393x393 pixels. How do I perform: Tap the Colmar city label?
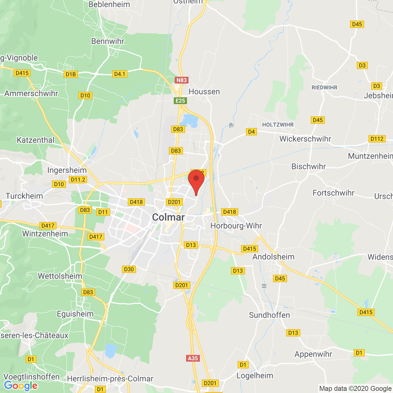168,217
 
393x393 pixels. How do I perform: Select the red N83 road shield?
181,80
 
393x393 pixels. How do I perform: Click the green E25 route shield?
180,101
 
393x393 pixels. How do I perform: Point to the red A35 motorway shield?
193,358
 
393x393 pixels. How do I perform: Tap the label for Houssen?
204,91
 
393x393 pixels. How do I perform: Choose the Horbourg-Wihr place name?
236,226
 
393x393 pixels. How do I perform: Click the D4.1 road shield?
120,74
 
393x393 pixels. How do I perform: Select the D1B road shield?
71,74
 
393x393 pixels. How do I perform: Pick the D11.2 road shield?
78,180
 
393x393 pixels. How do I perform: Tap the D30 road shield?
129,269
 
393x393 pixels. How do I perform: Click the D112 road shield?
377,139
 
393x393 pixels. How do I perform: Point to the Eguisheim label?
75,314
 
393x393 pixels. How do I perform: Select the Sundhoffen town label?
269,315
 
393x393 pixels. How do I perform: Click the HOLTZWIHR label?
278,125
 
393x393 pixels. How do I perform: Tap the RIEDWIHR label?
325,88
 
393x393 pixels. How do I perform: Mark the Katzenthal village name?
35,140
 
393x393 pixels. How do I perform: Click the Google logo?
21,386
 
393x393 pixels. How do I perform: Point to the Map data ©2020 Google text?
355,388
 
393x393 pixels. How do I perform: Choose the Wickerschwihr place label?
305,139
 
